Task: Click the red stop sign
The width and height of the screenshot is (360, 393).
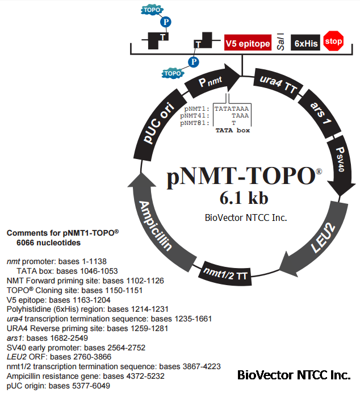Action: [333, 42]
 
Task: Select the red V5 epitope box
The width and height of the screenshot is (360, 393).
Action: [248, 43]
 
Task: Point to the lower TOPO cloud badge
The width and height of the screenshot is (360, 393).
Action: [172, 73]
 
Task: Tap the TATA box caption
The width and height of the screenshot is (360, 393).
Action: [233, 130]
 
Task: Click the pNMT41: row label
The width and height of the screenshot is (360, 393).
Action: [195, 115]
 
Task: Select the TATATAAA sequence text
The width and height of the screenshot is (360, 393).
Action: [231, 108]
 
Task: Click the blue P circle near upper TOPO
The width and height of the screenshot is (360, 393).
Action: [167, 23]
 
